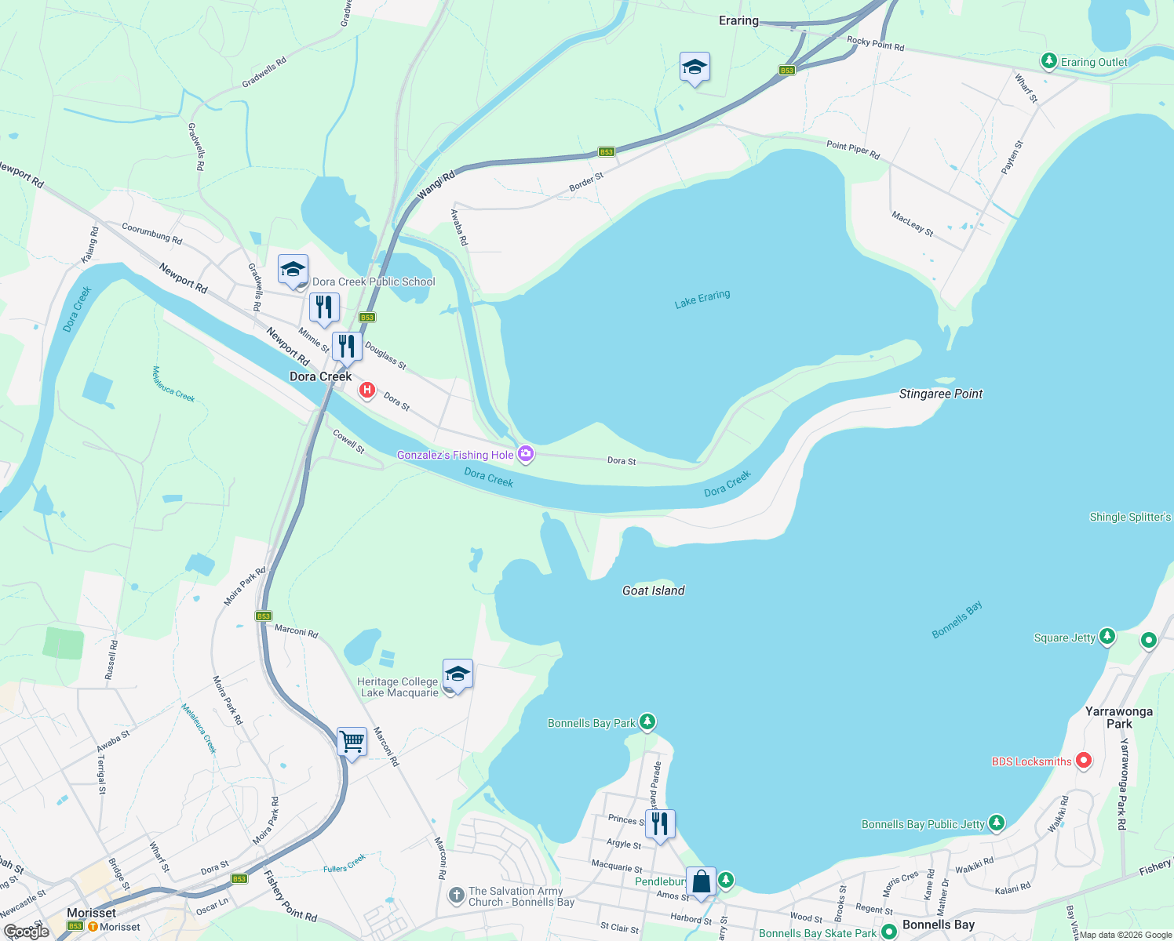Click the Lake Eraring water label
point(702,299)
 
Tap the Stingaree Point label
point(940,394)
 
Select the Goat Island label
point(653,590)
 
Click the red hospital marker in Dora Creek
point(366,389)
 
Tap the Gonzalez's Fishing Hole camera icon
point(526,454)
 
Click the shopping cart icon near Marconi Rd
point(352,741)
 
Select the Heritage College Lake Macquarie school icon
point(458,674)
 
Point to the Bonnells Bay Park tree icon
point(647,721)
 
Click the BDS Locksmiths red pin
point(1084,760)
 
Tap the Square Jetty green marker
point(1107,636)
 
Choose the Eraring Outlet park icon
point(1048,61)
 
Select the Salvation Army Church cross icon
point(456,896)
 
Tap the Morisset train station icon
point(93,927)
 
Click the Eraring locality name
point(738,20)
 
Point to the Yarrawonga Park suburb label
point(1118,717)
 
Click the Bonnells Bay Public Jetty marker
point(996,823)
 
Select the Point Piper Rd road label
point(852,149)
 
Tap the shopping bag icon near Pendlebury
point(701,881)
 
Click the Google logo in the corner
point(27,932)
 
